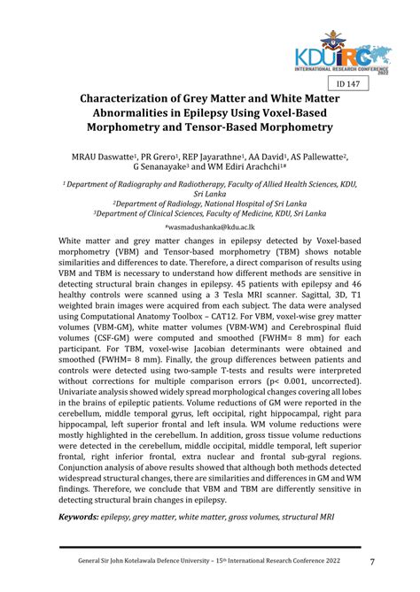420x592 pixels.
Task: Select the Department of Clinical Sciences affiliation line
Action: point(209,212)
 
